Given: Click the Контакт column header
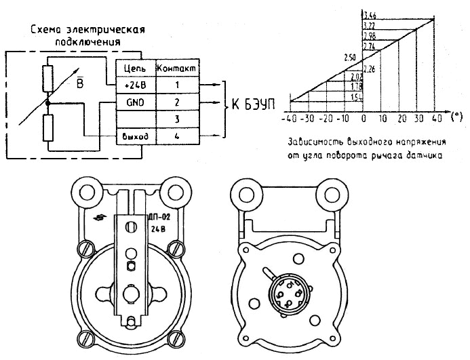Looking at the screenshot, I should click(177, 68).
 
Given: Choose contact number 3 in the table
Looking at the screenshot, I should click(177, 119).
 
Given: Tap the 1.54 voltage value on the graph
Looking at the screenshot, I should click(355, 98).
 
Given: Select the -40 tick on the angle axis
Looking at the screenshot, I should click(290, 117).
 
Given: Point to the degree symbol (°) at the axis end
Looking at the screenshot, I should click(455, 117).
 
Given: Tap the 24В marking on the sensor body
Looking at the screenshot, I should click(157, 229).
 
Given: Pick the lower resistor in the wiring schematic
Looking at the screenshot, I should click(47, 127).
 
